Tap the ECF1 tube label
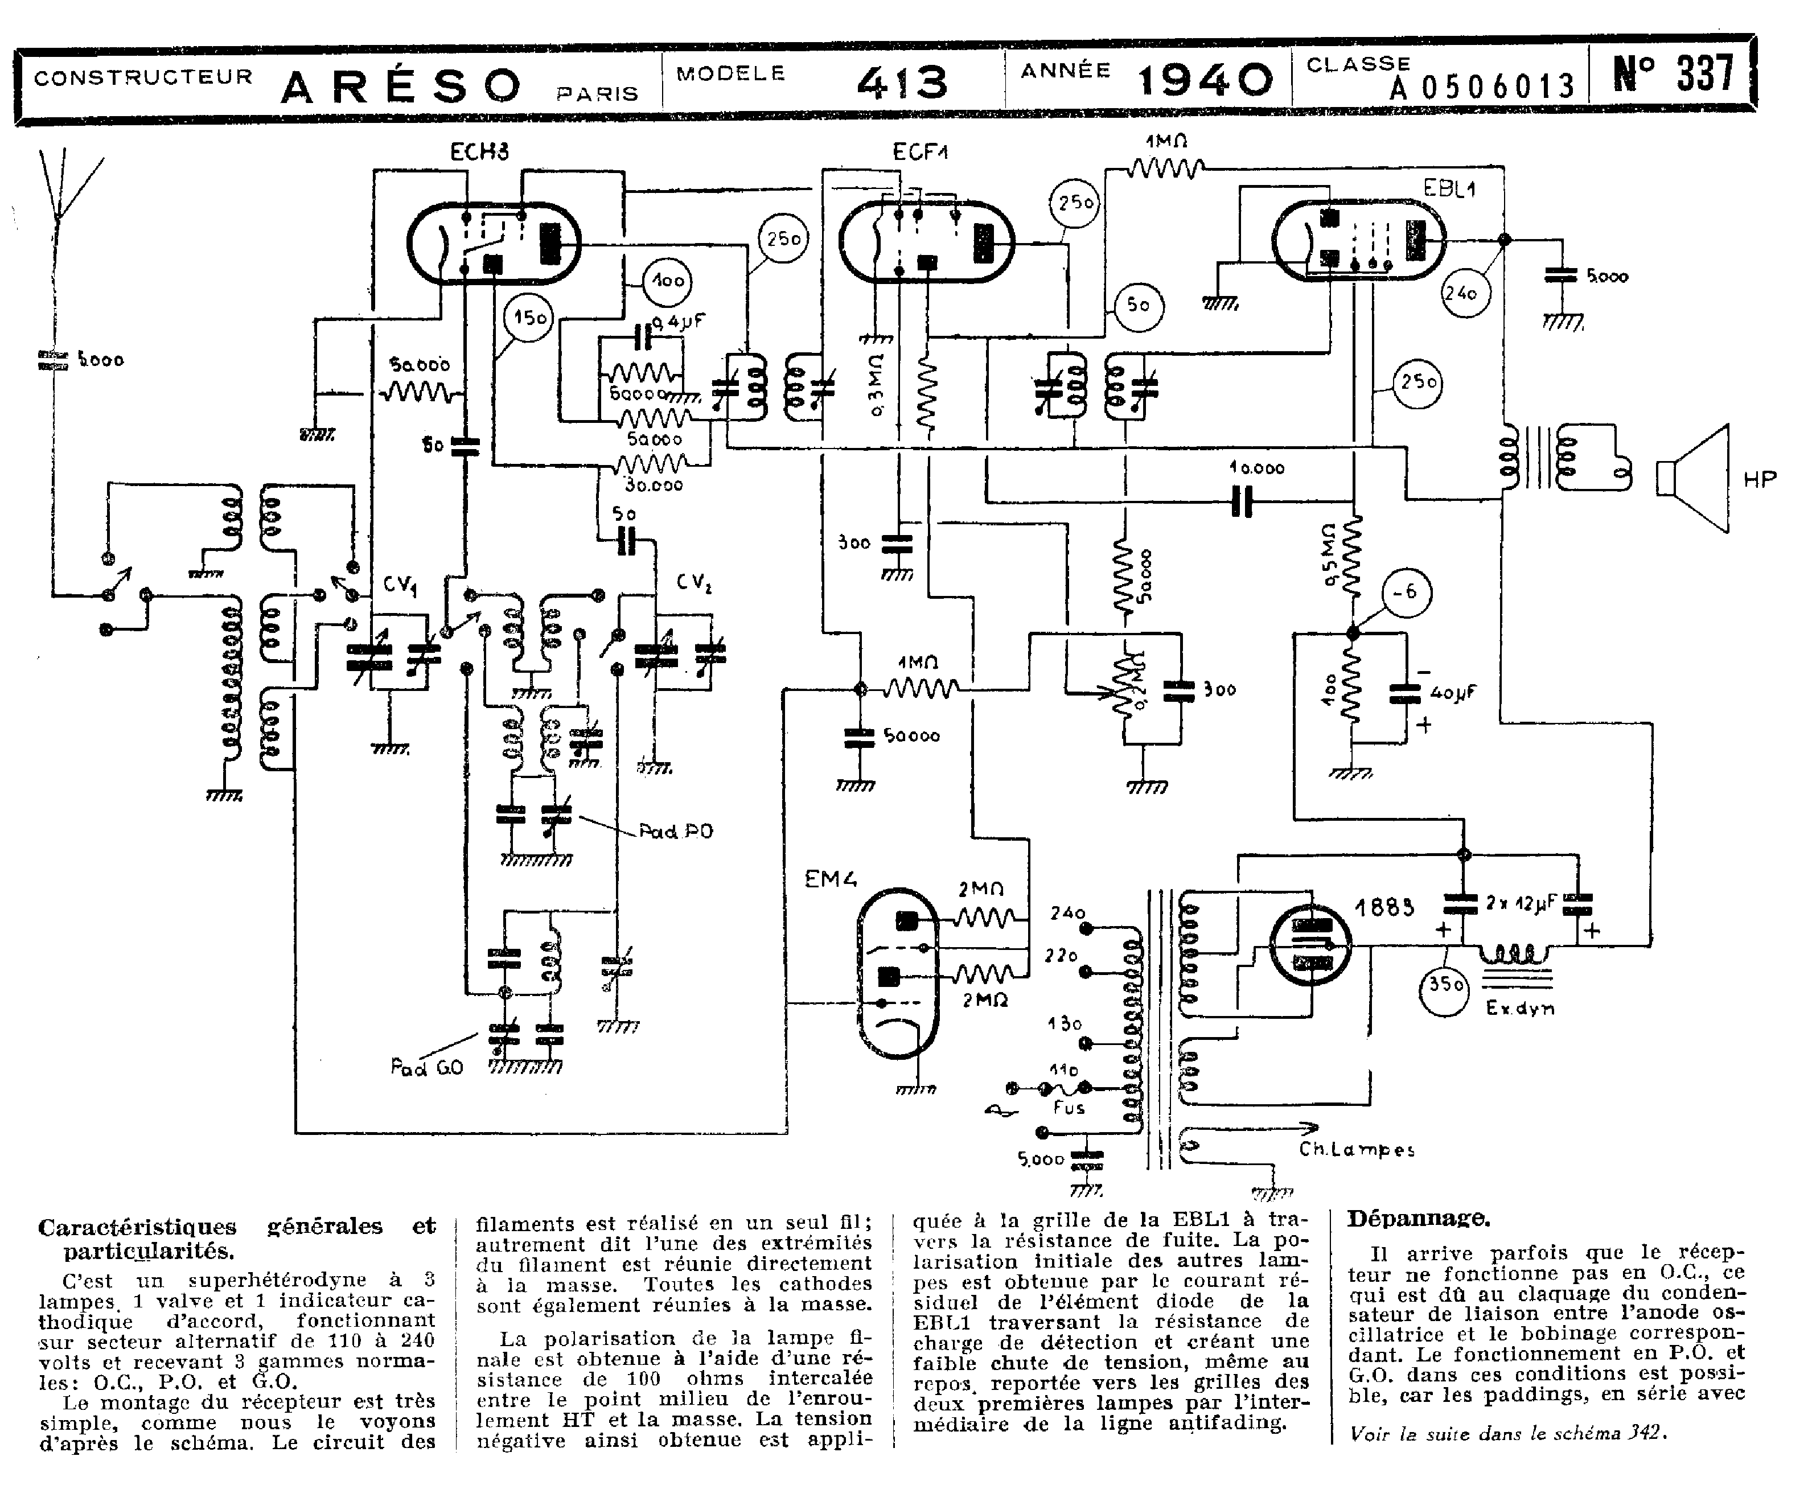point(921,153)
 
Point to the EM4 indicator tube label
point(830,878)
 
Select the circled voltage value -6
point(1405,592)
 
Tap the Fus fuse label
point(1069,1108)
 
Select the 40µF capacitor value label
point(1453,693)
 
